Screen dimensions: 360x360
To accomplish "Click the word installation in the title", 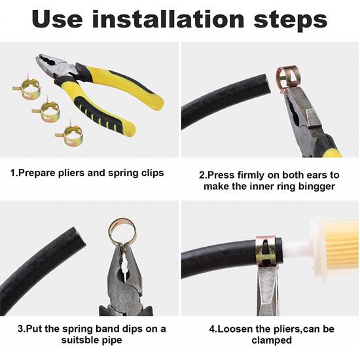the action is pyautogui.click(x=168, y=19).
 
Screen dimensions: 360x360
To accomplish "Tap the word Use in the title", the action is pyautogui.click(x=58, y=19).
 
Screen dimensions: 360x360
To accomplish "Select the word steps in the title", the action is pyautogui.click(x=290, y=21).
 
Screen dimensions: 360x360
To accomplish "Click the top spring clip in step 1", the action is pyautogui.click(x=27, y=87).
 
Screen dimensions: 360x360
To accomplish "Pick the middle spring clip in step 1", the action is pyautogui.click(x=47, y=110).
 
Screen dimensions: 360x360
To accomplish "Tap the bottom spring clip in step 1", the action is pyautogui.click(x=69, y=134).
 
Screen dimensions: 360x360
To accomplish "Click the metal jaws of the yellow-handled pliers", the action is pyautogui.click(x=57, y=66).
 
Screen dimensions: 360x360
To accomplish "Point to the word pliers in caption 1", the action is pyautogui.click(x=71, y=173).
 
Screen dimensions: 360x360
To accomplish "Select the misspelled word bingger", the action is pyautogui.click(x=317, y=187).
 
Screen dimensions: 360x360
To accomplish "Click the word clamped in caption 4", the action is pyautogui.click(x=272, y=340).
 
